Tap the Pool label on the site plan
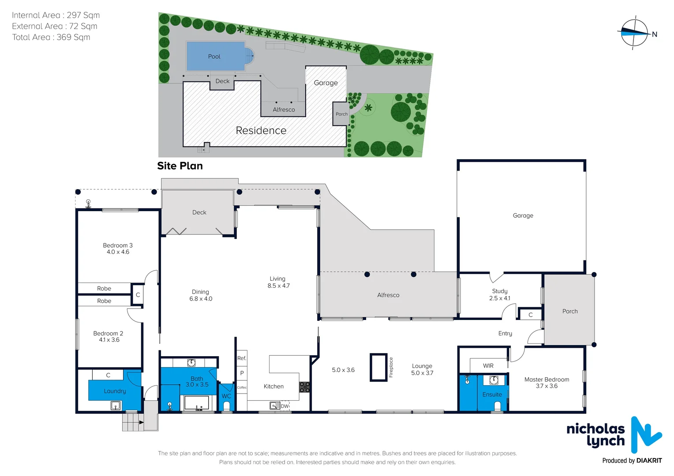point(214,56)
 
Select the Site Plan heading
point(180,166)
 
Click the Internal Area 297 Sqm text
point(56,15)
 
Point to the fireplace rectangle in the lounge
point(378,367)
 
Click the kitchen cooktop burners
point(304,387)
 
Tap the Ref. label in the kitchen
point(242,358)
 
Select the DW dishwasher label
point(285,406)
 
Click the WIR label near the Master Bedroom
point(488,366)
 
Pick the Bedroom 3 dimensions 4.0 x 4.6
point(118,252)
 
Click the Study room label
point(500,291)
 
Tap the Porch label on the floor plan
point(570,311)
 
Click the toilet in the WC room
point(226,406)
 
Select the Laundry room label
point(115,391)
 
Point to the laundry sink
point(116,405)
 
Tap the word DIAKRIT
point(649,461)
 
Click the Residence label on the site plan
point(261,130)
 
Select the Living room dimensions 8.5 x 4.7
point(278,286)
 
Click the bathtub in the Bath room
point(196,403)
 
